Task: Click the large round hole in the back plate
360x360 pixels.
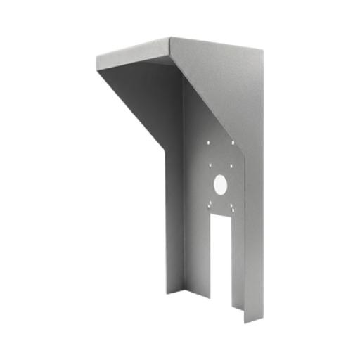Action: coord(220,185)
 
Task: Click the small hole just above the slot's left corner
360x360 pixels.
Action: coord(209,205)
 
